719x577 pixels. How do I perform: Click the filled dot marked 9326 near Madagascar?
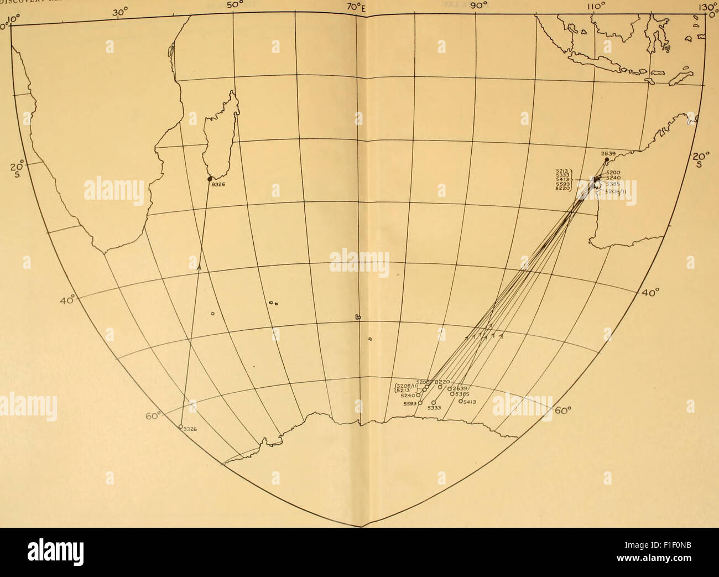tap(210, 179)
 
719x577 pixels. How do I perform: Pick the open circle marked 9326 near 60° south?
tap(181, 427)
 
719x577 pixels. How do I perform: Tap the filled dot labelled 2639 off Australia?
tap(607, 159)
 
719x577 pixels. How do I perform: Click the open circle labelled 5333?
tap(433, 402)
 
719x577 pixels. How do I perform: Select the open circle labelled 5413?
tap(461, 402)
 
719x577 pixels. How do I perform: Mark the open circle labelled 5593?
tap(420, 403)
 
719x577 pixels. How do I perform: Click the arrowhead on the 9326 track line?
tap(199, 266)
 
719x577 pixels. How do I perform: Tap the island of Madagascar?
tap(221, 133)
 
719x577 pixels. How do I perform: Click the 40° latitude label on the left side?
tap(69, 299)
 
